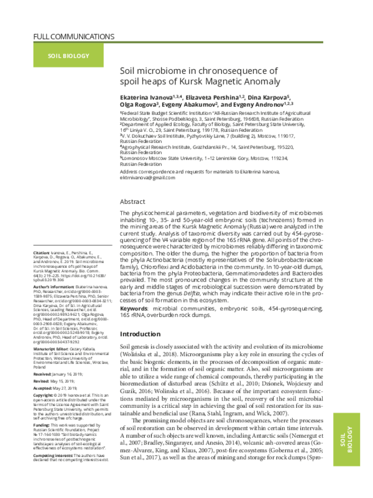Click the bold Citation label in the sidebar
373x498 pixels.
[42, 271]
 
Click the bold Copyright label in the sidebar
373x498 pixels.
[43, 395]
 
